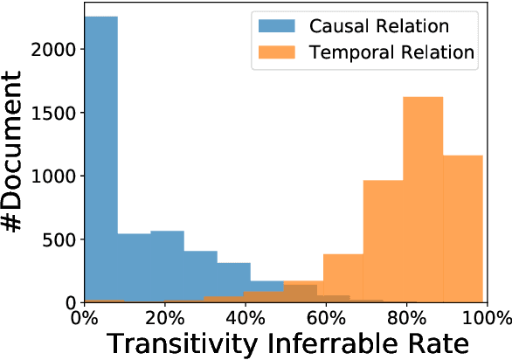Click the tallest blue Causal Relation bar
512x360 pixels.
[100, 157]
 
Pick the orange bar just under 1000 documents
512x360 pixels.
[383, 241]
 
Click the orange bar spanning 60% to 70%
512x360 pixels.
[342, 278]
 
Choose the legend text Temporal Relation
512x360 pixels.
[391, 52]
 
